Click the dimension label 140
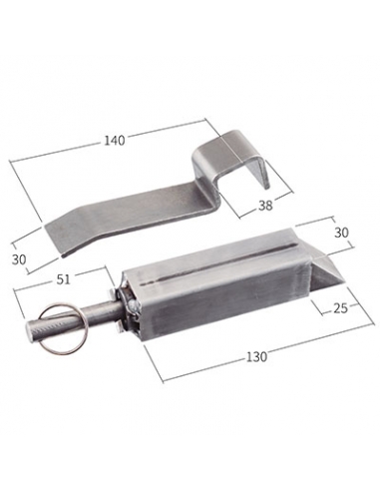coord(115,141)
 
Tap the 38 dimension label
coord(265,206)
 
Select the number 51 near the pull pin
coord(64,279)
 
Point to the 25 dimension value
coord(340,308)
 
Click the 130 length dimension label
coord(256,356)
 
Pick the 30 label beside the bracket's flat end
coord(19,259)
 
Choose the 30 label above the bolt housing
coord(341,233)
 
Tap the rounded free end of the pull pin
coord(30,330)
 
